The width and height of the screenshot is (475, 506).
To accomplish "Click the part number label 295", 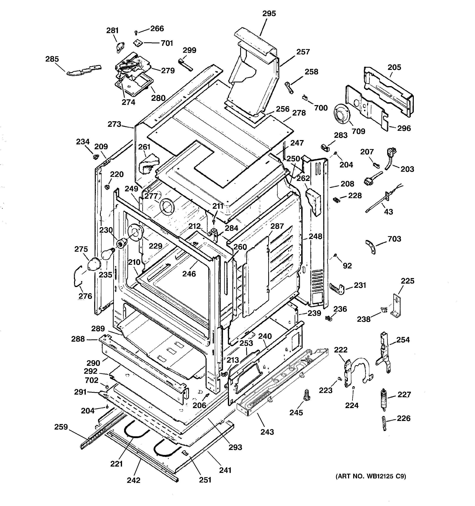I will [x=269, y=13].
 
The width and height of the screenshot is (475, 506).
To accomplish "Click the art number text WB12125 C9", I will [x=370, y=476].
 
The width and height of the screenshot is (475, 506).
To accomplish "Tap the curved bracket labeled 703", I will [x=371, y=246].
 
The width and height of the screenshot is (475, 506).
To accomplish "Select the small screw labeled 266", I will [x=136, y=32].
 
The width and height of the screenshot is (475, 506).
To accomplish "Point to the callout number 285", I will [x=52, y=59].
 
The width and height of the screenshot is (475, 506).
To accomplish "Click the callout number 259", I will [x=61, y=427].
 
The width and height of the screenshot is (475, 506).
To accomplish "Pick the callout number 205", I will [x=394, y=67].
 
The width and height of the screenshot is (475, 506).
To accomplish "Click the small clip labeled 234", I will [x=96, y=156].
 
